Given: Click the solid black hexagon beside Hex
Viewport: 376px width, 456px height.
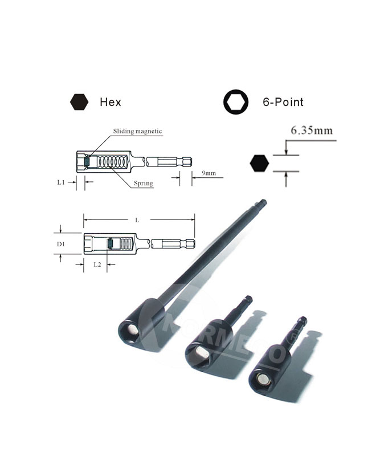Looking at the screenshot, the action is pos(79,102).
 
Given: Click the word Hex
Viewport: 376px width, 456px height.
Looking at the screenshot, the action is pos(110,102).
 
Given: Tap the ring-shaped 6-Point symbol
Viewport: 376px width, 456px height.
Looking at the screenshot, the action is pos(236,102).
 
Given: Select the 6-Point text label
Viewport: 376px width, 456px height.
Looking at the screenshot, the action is pos(283,102).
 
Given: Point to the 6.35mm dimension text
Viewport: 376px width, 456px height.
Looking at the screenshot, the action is pos(312,131).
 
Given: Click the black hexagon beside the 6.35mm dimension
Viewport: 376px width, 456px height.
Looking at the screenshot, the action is pos(259,163).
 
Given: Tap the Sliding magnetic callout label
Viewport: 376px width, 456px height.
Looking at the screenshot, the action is pos(137,131).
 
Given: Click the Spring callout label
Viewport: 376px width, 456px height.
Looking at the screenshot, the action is pos(143,183).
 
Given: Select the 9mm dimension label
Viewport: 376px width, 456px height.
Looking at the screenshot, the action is pos(209,173).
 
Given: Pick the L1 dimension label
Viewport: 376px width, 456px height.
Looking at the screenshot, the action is pos(61,182).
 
